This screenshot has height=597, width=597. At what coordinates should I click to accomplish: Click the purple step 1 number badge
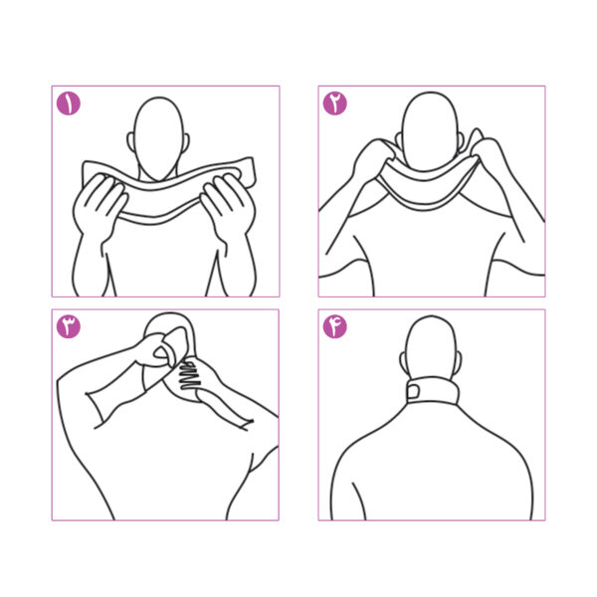click(x=69, y=103)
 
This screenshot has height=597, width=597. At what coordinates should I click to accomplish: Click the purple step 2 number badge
click(x=335, y=103)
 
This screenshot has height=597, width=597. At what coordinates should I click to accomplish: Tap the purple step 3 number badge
click(x=69, y=326)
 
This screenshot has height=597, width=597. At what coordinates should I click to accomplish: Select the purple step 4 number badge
click(x=335, y=326)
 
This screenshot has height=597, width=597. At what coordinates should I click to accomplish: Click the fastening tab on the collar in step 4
click(x=413, y=391)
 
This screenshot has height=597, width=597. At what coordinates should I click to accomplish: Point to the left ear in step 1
click(x=131, y=142)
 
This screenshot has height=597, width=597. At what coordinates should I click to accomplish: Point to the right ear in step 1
click(x=186, y=143)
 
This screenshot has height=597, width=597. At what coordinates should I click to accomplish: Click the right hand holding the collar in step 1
click(x=228, y=206)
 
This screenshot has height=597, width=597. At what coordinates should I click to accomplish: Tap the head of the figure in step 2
click(x=430, y=131)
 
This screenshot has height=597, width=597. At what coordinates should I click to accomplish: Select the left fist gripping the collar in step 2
click(x=375, y=160)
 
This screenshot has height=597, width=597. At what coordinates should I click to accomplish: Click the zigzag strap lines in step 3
click(x=189, y=376)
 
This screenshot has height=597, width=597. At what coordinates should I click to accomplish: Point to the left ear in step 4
click(x=403, y=360)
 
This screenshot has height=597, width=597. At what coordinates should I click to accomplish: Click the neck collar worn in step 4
click(x=433, y=391)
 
